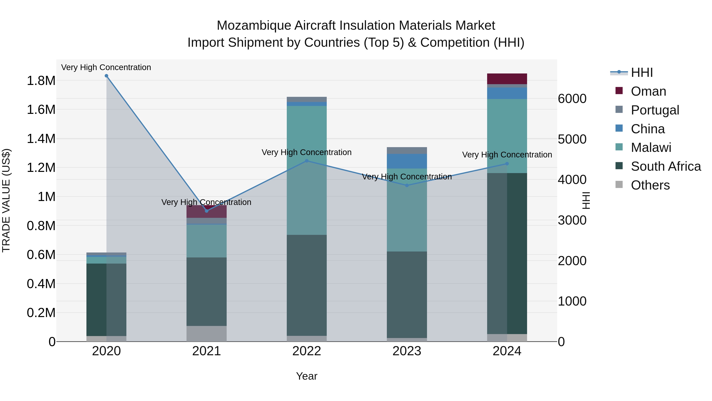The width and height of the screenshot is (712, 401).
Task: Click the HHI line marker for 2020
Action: (106, 76)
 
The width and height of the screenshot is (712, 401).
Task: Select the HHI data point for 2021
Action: (206, 211)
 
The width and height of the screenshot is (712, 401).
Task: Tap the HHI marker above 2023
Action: (407, 185)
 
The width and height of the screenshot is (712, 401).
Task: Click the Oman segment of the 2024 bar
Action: (507, 79)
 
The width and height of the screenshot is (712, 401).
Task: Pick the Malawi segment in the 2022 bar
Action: (307, 170)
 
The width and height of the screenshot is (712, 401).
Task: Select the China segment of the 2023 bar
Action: (407, 161)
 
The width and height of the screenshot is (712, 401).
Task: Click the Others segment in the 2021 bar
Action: (206, 333)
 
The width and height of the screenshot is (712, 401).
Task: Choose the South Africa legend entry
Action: (666, 166)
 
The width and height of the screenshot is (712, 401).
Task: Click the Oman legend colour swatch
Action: (619, 91)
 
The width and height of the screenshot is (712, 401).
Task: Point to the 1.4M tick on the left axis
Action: (41, 139)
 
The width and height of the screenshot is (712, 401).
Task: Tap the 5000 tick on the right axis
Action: (572, 139)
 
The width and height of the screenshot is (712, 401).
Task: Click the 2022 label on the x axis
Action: (307, 351)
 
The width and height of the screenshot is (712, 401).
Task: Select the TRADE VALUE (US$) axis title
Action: (6, 200)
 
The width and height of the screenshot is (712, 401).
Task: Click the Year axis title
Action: (307, 376)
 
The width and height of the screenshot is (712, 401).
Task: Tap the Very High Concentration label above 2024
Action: (507, 155)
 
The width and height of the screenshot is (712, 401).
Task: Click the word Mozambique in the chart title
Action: (254, 26)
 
